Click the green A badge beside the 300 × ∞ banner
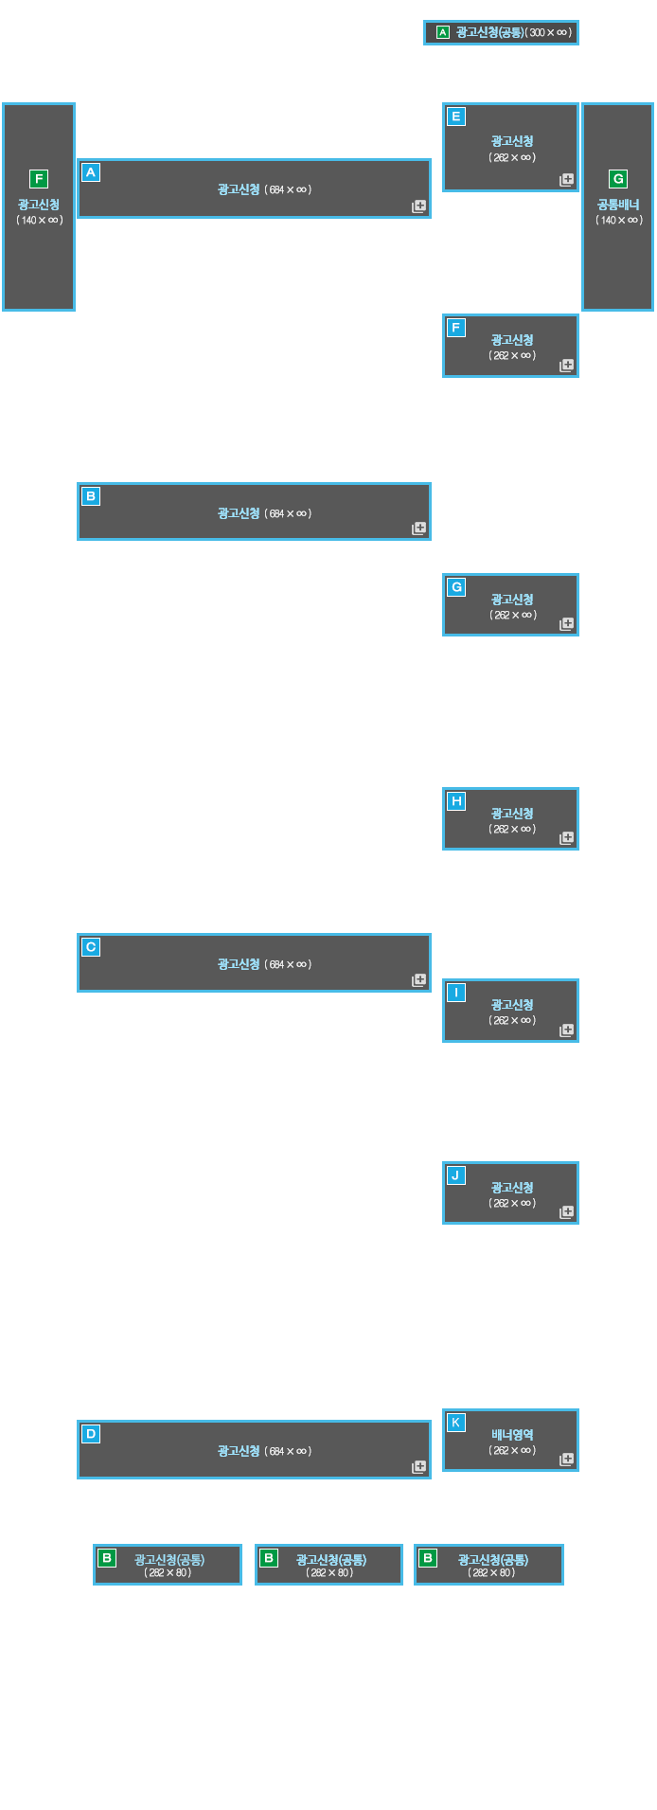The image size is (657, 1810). (442, 33)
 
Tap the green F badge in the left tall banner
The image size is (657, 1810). (39, 179)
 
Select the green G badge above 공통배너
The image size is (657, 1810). (618, 179)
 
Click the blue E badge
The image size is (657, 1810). (456, 116)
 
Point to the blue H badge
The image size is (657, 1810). (456, 801)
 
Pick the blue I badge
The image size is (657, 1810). (456, 993)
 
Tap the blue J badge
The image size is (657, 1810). (456, 1175)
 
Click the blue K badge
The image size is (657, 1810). (456, 1423)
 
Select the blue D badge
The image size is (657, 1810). (91, 1434)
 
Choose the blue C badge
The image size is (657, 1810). (91, 947)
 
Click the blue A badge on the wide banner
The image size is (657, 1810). (91, 172)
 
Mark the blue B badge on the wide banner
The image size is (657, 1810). (91, 496)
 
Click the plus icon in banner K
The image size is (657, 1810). (567, 1460)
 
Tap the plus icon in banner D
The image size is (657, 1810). (418, 1467)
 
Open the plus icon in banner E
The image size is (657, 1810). (567, 179)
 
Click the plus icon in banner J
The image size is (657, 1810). (567, 1212)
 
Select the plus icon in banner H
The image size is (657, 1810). (567, 838)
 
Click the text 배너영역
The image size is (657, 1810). (512, 1435)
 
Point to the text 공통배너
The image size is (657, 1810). (618, 205)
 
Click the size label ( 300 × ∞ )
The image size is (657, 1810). (549, 33)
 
